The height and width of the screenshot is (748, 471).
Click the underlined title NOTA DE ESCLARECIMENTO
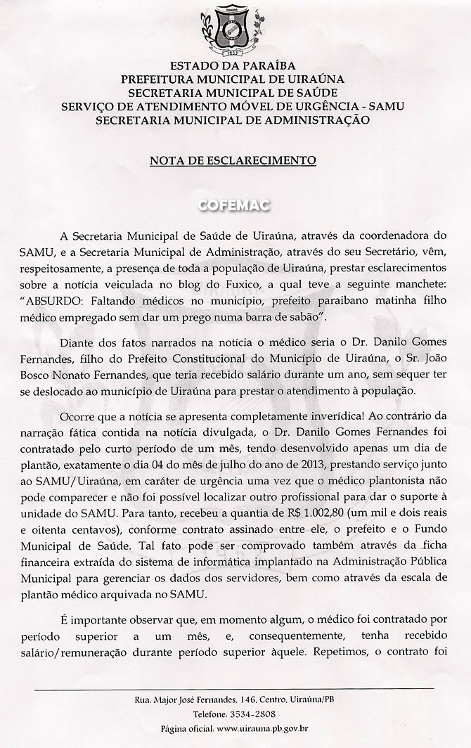pyautogui.click(x=233, y=160)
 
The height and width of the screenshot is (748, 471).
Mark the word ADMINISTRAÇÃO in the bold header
pyautogui.click(x=319, y=120)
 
